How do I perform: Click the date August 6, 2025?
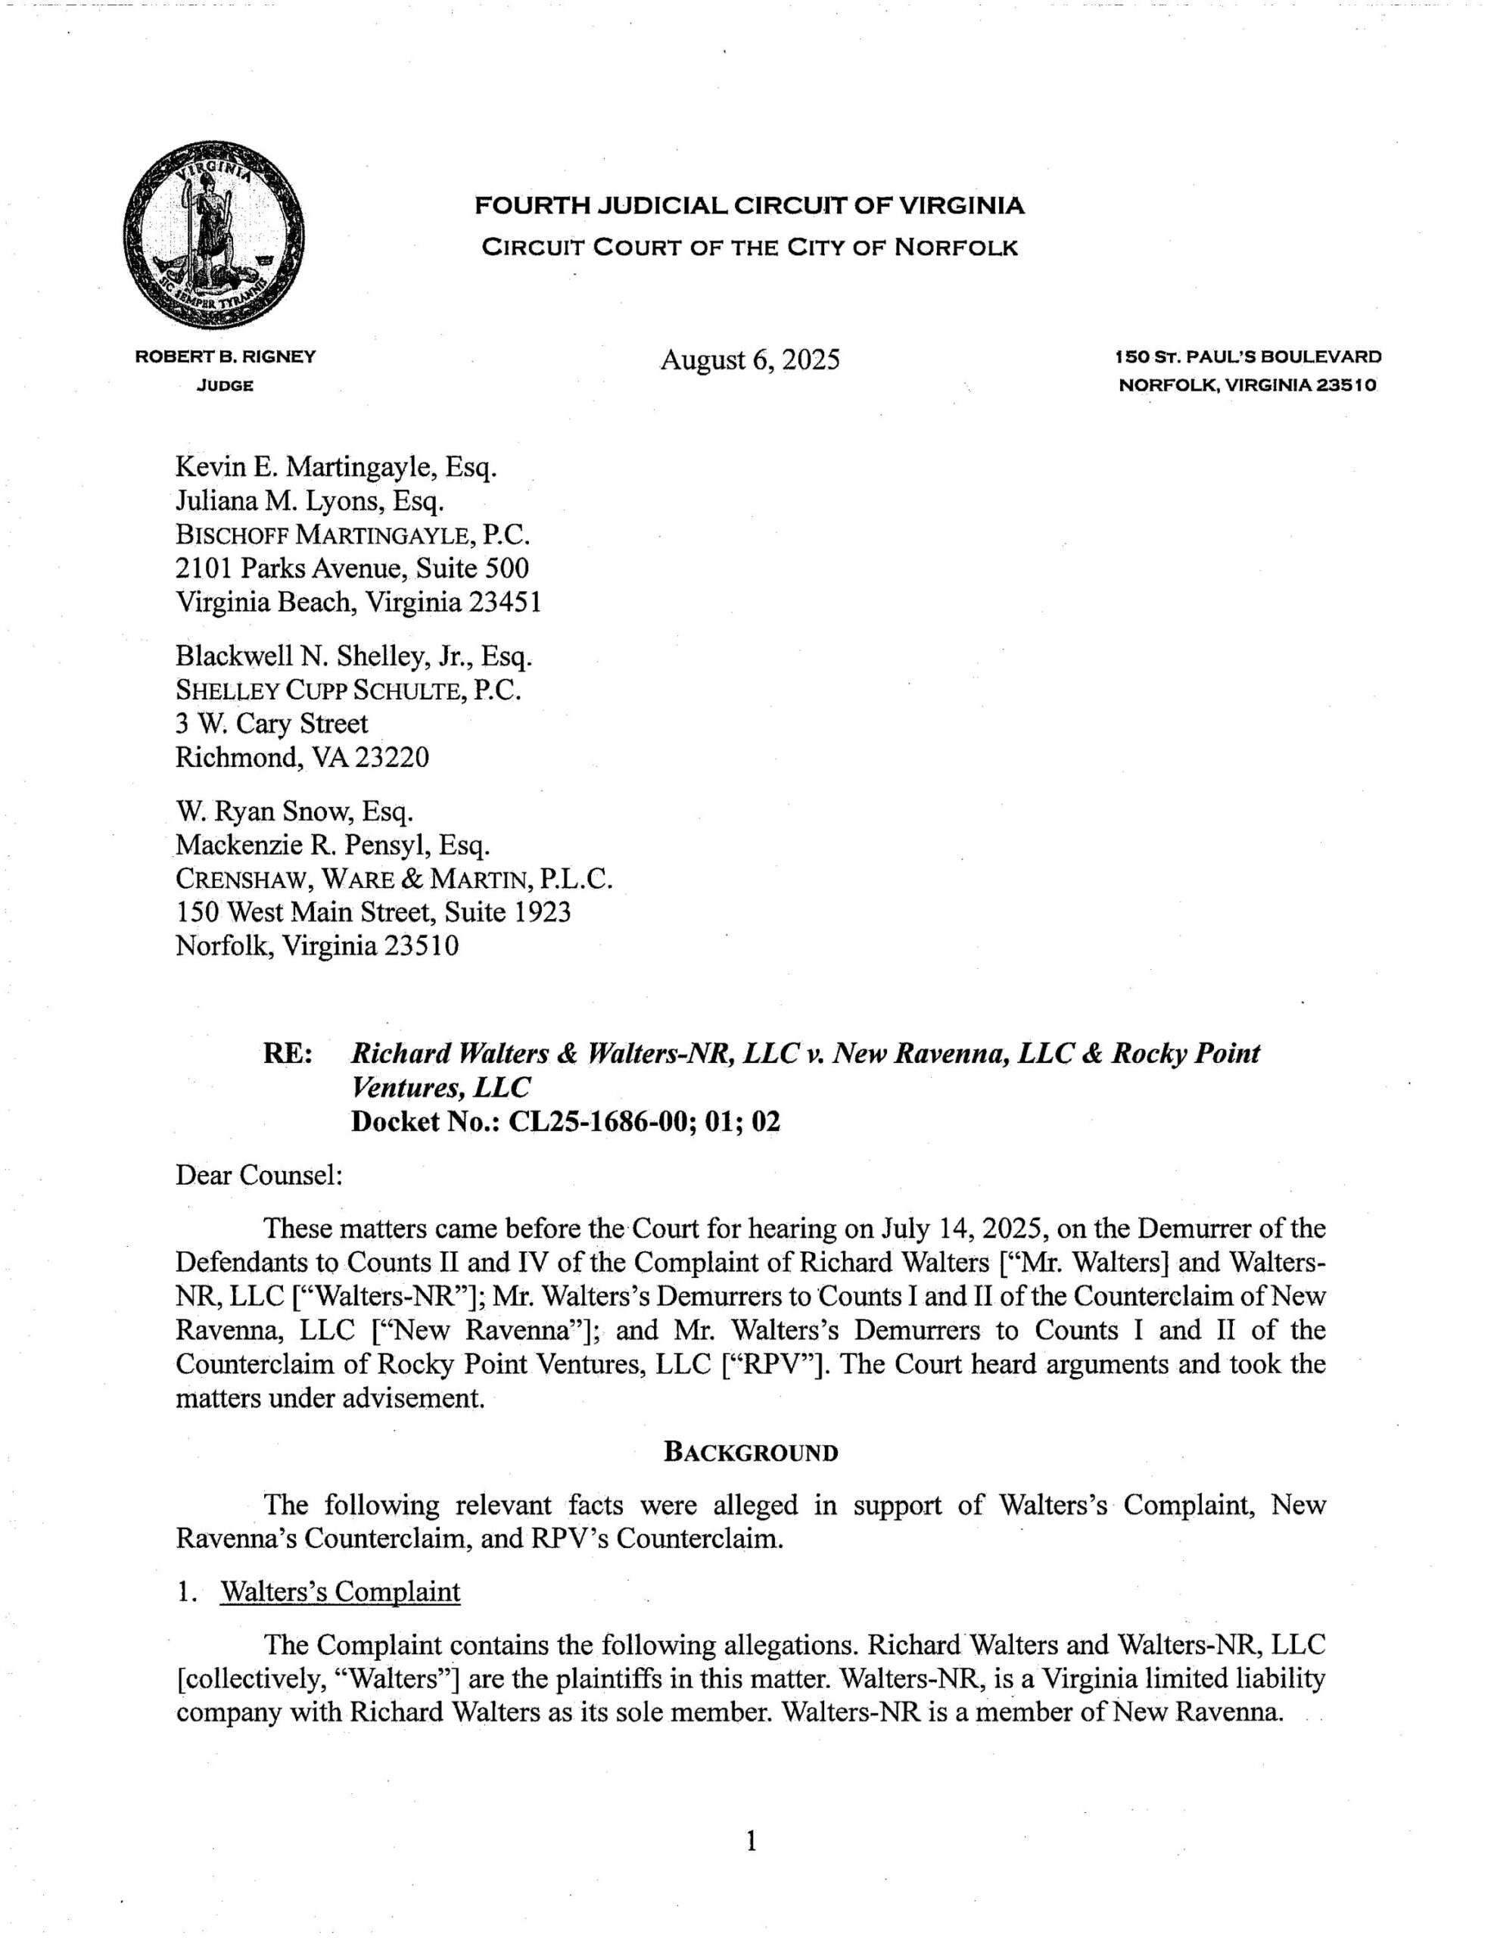click(749, 360)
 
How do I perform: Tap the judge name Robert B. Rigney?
click(225, 357)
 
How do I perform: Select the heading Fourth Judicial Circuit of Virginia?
click(749, 206)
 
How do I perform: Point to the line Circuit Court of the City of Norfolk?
click(749, 247)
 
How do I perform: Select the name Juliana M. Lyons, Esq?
click(309, 501)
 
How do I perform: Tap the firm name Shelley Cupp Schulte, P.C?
click(348, 690)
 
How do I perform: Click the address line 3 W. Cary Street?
click(272, 723)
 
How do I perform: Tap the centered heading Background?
click(751, 1453)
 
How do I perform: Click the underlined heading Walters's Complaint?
click(340, 1591)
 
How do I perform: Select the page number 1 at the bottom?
click(751, 1842)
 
